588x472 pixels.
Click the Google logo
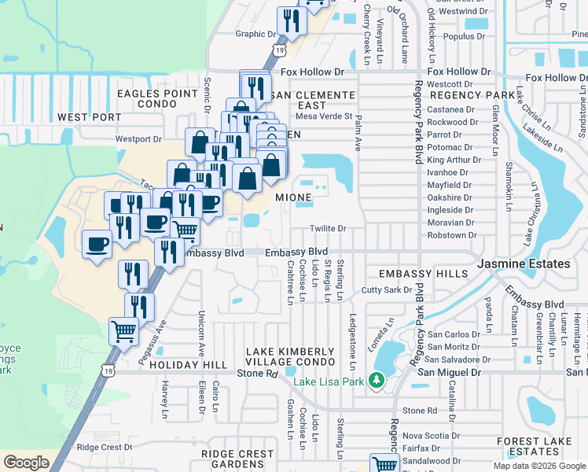(x=26, y=463)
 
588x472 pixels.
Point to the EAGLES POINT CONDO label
(x=157, y=98)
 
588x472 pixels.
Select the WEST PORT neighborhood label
(x=90, y=117)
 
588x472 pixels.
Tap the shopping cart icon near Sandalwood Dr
(x=384, y=464)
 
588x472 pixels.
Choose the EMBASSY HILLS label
(x=417, y=274)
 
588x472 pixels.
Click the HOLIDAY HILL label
(x=182, y=365)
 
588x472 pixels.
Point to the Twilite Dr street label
(x=329, y=228)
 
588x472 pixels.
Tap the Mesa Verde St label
(x=322, y=116)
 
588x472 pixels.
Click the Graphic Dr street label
(x=256, y=34)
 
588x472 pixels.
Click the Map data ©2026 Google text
(x=539, y=466)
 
